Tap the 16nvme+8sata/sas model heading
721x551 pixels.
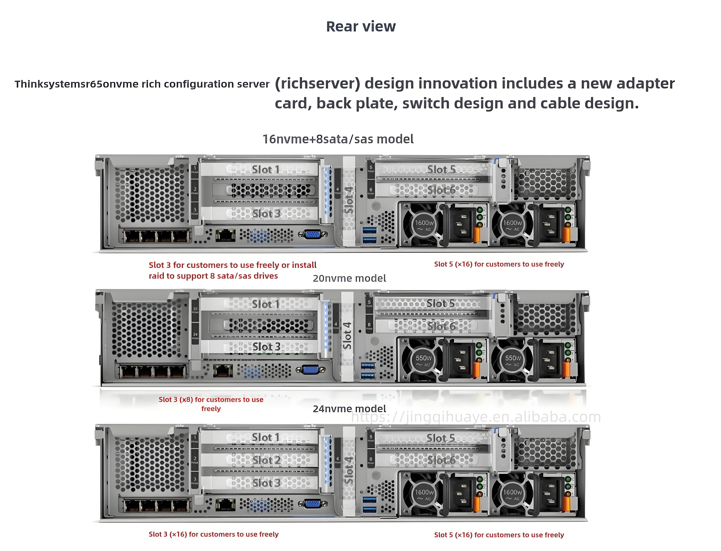338,139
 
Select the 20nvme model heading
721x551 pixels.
349,279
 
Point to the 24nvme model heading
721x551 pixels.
349,409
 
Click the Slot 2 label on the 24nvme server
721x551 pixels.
266,460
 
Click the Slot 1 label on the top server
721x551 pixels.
265,170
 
